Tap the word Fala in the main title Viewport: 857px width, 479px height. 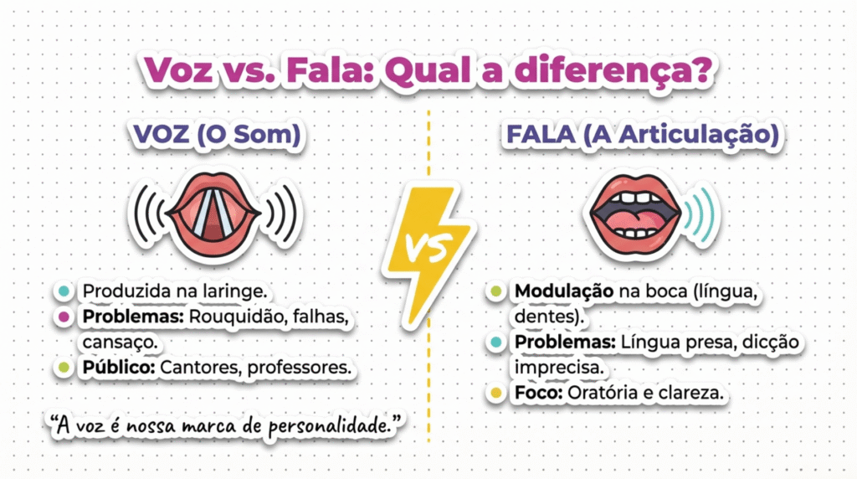pos(329,70)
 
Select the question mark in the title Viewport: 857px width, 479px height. pos(700,70)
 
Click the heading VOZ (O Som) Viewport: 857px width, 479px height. pos(217,135)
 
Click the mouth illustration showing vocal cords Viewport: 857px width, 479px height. pos(214,214)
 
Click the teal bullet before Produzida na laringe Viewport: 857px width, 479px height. pos(64,291)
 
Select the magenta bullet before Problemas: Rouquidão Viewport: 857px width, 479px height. pos(64,317)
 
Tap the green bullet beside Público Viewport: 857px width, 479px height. pos(64,368)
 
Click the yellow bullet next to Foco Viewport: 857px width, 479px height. pos(496,393)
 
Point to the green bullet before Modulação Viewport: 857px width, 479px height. pos(496,291)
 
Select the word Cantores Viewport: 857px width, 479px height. pos(201,368)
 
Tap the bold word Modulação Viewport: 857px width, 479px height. pos(564,291)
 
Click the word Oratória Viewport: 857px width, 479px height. pos(605,393)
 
